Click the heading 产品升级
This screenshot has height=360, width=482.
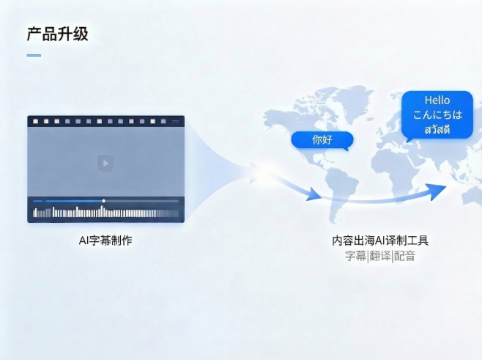pyautogui.click(x=57, y=34)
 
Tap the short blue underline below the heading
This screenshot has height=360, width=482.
pyautogui.click(x=34, y=55)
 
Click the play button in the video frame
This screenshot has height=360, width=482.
pyautogui.click(x=105, y=162)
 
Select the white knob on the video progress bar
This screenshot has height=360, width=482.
pyautogui.click(x=103, y=200)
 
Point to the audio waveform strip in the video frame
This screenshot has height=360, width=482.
pyautogui.click(x=105, y=213)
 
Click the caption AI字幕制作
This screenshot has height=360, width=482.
pyautogui.click(x=105, y=240)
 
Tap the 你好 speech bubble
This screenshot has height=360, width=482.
pyautogui.click(x=322, y=139)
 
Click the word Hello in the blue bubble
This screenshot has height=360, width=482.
pyautogui.click(x=437, y=100)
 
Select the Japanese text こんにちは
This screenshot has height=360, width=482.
pyautogui.click(x=437, y=115)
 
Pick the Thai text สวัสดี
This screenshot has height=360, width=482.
pyautogui.click(x=437, y=130)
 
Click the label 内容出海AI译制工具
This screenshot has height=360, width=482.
pyautogui.click(x=380, y=240)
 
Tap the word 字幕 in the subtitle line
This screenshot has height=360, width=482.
pyautogui.click(x=355, y=256)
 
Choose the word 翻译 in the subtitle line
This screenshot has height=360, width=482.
pyautogui.click(x=379, y=256)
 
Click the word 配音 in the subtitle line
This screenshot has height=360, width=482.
pyautogui.click(x=404, y=256)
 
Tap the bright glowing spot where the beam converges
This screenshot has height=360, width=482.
pyautogui.click(x=261, y=173)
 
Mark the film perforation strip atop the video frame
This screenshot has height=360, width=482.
pyautogui.click(x=105, y=121)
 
